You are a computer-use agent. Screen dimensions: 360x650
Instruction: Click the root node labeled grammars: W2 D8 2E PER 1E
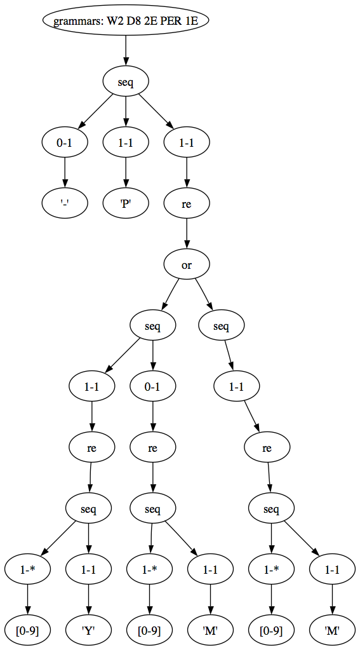click(125, 20)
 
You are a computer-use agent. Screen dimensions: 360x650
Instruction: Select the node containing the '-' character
click(64, 203)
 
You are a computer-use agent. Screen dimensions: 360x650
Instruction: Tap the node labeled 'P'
click(126, 203)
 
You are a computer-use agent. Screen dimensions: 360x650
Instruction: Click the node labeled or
click(187, 265)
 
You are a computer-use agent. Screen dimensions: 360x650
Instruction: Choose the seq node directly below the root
click(126, 81)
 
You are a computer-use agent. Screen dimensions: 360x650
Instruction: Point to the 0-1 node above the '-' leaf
click(64, 142)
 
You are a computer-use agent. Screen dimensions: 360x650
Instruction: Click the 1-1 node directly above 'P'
click(126, 142)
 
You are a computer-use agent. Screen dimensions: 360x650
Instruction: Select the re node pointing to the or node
click(187, 203)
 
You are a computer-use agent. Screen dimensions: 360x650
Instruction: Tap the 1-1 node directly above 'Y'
click(88, 570)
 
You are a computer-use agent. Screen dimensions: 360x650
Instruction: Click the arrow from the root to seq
click(126, 51)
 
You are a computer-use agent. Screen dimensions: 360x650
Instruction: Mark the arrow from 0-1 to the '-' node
click(64, 173)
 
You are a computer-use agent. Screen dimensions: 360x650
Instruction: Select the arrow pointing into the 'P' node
click(126, 173)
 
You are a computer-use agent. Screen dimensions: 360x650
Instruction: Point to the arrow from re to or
click(187, 234)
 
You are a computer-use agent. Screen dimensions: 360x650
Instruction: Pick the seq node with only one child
click(221, 326)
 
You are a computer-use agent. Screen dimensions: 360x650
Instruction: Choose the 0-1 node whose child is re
click(153, 387)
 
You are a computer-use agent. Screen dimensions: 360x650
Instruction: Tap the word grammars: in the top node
click(72, 20)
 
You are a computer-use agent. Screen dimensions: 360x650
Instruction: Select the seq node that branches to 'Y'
click(88, 509)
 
